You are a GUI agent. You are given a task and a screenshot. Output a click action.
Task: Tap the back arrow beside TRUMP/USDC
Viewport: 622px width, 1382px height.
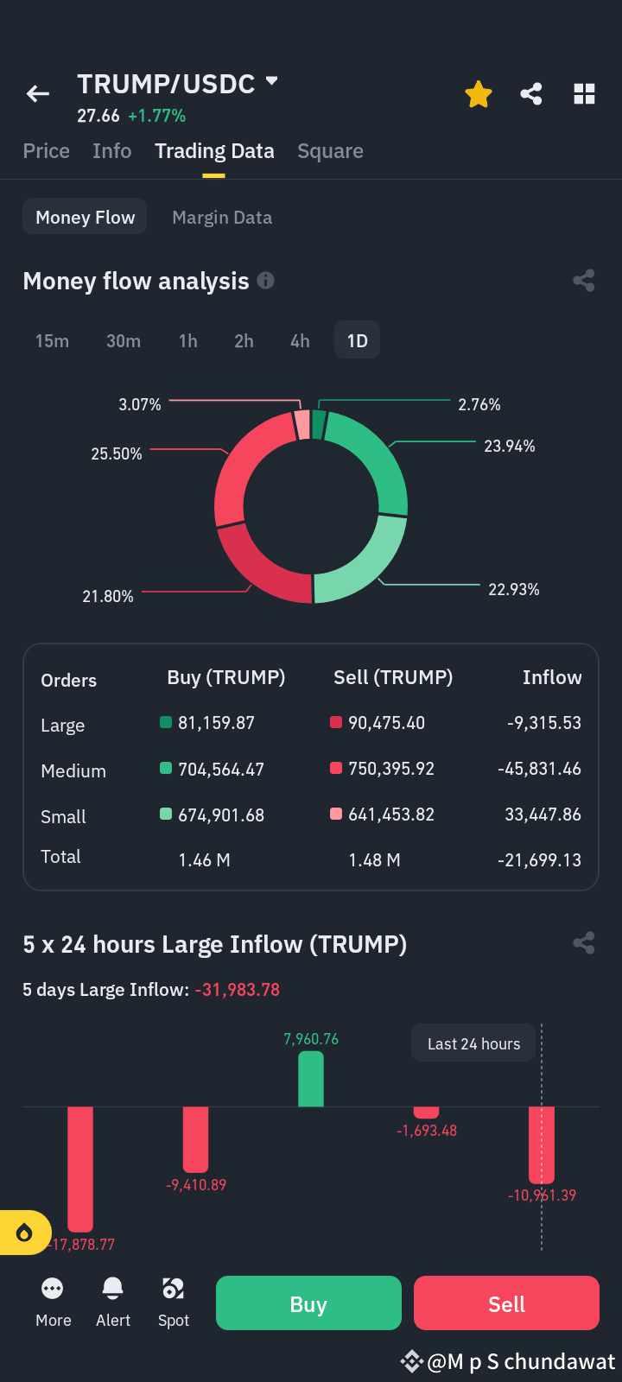point(38,94)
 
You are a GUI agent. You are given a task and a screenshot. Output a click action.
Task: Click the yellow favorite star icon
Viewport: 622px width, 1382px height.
point(479,94)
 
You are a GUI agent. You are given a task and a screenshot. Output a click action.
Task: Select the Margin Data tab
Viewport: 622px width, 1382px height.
point(222,217)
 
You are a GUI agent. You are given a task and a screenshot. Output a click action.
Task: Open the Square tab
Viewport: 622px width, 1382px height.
point(330,151)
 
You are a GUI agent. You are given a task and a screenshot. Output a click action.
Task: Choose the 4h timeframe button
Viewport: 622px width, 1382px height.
point(300,340)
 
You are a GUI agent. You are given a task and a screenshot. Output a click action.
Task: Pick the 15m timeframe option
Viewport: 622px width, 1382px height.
point(52,340)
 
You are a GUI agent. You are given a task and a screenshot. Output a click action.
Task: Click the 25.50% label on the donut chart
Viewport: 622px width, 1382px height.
point(117,454)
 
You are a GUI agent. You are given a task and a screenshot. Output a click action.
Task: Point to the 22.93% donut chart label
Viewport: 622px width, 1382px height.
point(514,590)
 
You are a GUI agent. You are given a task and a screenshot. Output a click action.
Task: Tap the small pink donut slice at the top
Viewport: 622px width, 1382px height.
point(301,425)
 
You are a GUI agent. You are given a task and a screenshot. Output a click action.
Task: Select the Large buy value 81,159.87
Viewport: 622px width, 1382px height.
point(216,722)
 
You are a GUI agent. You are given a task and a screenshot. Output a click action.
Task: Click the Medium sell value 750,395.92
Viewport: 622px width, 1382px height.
point(391,769)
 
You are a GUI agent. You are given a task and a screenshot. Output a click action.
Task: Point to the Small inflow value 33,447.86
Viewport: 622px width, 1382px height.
point(543,815)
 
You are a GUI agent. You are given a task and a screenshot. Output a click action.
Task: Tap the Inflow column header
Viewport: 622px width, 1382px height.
point(552,677)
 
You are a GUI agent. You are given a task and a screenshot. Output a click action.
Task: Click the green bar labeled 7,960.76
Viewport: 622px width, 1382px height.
point(311,1079)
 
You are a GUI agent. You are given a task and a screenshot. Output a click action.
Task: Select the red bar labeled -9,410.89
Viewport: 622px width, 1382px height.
point(195,1139)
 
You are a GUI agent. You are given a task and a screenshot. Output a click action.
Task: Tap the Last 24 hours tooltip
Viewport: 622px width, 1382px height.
point(473,1043)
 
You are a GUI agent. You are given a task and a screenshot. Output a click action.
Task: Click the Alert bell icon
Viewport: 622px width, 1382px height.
point(113,1289)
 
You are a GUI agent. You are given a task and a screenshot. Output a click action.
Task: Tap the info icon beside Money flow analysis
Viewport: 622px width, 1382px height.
point(265,281)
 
